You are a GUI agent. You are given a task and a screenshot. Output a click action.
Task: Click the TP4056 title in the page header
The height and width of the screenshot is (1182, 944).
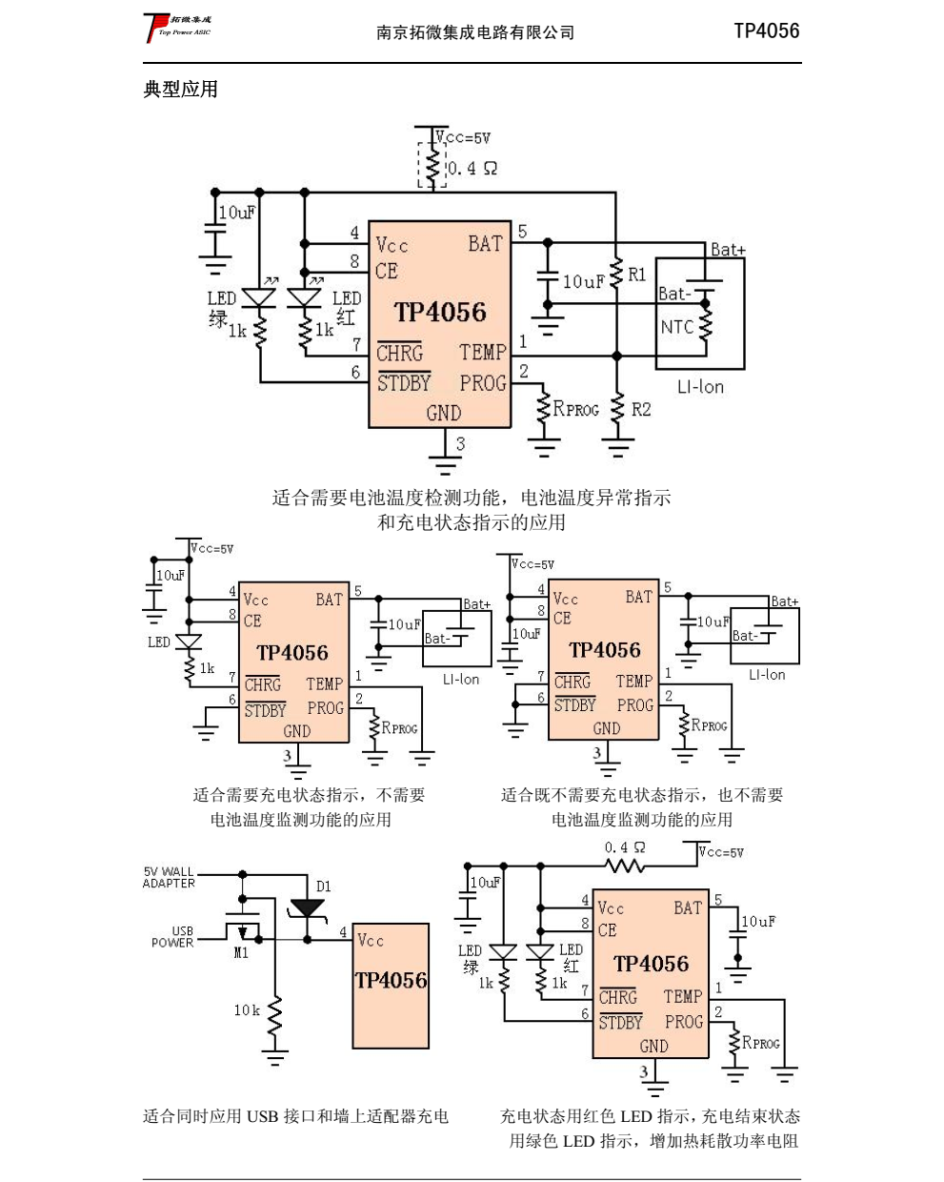point(766,31)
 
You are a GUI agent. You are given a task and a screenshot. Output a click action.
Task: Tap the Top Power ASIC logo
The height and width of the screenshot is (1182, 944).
point(178,27)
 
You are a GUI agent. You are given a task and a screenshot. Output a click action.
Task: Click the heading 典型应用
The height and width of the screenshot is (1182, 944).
point(181,90)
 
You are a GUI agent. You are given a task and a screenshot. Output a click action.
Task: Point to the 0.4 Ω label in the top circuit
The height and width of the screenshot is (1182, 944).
point(472,169)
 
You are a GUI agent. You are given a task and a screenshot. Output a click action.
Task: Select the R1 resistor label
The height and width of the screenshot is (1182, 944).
point(637,275)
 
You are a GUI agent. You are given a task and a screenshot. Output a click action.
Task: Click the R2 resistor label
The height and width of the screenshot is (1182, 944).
point(641,409)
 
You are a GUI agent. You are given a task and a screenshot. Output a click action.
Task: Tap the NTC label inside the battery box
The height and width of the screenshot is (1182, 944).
point(677,327)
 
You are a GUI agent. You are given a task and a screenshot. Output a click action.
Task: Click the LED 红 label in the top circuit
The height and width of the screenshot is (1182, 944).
point(347,308)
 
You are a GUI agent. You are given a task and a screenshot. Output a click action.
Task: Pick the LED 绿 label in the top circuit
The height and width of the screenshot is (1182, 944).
point(221,308)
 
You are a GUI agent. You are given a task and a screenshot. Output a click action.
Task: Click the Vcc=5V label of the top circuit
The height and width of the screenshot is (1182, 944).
point(464,138)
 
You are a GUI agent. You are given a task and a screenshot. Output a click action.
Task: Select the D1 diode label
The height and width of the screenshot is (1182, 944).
point(324,886)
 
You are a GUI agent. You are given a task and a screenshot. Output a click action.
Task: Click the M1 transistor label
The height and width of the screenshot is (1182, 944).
point(241,952)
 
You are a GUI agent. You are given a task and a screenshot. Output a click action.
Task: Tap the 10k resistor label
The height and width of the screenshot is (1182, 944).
point(247,1010)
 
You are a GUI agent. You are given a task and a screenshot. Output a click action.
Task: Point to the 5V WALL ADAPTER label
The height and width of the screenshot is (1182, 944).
point(169,878)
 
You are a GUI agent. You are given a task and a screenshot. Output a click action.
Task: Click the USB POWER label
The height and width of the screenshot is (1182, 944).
point(173,937)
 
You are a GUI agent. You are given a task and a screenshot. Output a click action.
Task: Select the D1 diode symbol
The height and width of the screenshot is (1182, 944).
point(307,907)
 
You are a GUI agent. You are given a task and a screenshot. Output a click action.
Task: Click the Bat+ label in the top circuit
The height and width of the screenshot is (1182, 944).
point(728,250)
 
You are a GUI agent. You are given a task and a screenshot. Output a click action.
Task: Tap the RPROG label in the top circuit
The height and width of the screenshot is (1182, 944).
point(576,409)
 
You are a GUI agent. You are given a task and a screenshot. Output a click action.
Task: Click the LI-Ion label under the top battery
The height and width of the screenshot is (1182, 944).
point(700,387)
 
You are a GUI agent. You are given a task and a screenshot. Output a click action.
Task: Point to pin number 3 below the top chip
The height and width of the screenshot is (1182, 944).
point(460,443)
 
